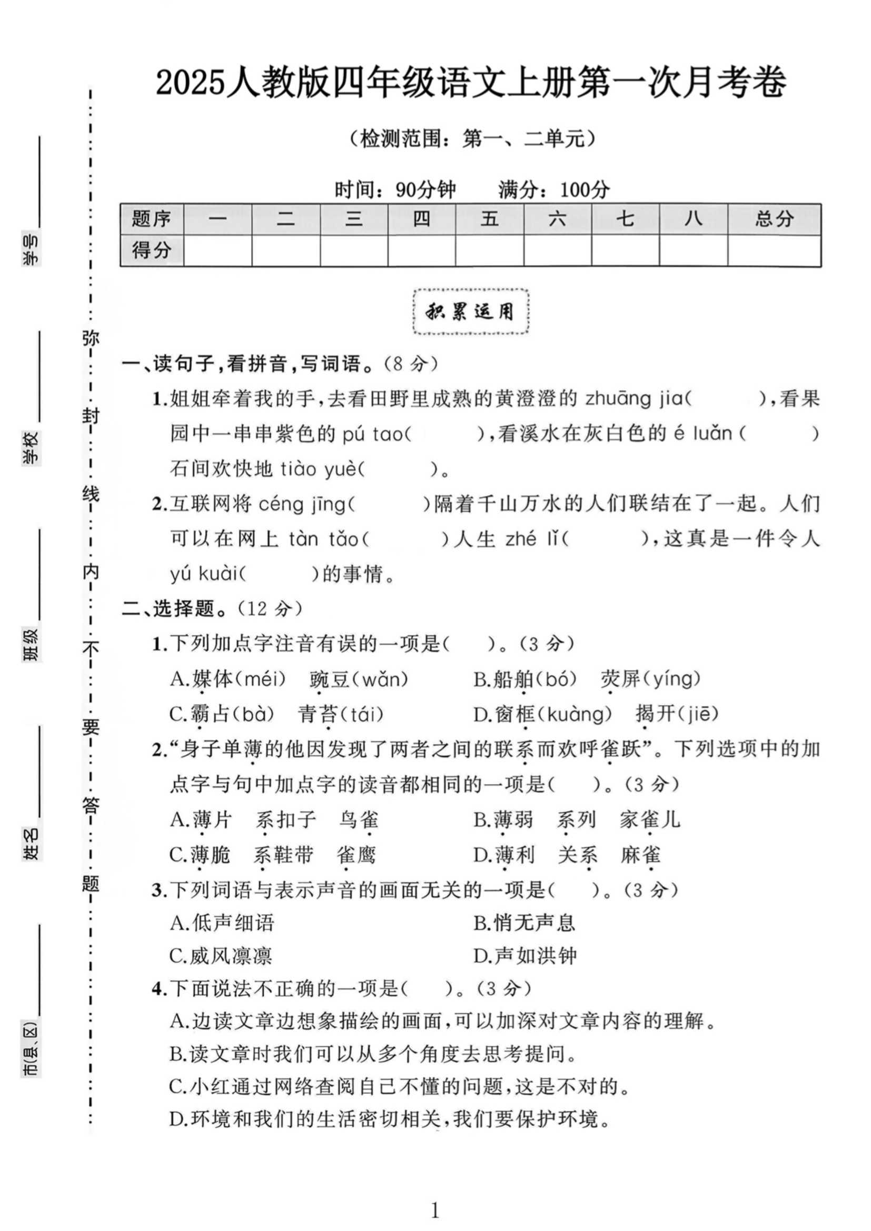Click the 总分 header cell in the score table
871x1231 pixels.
pos(774,219)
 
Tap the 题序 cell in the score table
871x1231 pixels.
pos(152,219)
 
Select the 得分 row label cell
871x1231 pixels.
pos(152,250)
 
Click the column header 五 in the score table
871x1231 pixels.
pos(489,219)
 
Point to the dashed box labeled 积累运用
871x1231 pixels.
pos(471,312)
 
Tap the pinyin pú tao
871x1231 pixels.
pos(372,434)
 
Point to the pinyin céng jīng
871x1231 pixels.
pos(302,505)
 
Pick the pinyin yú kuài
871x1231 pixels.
pos(204,574)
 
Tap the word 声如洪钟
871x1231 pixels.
pos(535,956)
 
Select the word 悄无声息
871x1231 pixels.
pos(535,923)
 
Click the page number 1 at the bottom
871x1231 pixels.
pos(435,1210)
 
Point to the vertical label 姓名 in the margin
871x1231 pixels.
pos(31,843)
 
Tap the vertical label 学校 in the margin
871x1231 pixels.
pos(31,448)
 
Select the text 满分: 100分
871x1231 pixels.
pos(554,189)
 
